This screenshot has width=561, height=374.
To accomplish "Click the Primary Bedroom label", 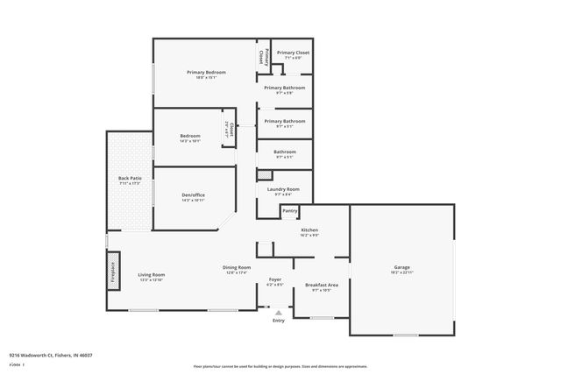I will [206, 71].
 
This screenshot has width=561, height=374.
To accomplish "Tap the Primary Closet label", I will [293, 53].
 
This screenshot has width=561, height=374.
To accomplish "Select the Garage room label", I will [401, 267].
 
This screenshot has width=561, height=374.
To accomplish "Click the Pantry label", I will [290, 210].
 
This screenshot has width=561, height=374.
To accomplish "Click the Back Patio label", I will [130, 179].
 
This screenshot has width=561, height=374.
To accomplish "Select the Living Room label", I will [152, 275].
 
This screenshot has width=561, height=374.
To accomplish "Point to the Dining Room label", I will [238, 267].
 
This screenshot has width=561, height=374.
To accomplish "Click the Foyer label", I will [274, 281].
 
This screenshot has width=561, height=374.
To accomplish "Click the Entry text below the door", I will [279, 321].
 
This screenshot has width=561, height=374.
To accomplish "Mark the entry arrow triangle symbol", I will [279, 312].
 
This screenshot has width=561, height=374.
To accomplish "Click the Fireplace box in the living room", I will [112, 268].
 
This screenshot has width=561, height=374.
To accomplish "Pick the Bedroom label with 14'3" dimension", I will [190, 136].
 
